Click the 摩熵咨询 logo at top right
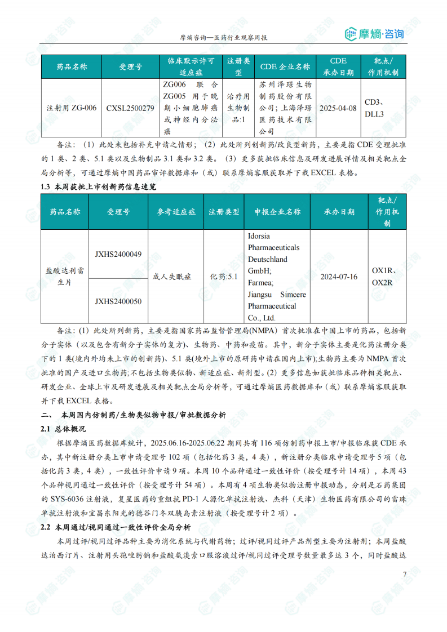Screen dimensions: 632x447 click(374, 34)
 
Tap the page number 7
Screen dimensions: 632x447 click(404, 574)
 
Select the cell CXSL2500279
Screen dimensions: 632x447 click(130, 108)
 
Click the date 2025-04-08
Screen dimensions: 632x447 click(338, 108)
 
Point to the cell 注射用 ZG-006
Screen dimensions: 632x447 click(71, 108)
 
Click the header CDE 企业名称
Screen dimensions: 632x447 click(285, 66)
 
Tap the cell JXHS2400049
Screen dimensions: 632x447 click(118, 254)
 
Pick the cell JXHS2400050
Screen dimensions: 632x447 click(118, 301)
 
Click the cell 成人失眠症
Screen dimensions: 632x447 click(172, 277)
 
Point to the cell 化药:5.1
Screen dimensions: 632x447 click(224, 277)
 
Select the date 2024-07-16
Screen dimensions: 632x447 click(339, 277)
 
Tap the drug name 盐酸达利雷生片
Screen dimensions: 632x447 click(65, 277)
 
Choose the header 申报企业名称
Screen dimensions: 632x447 click(277, 212)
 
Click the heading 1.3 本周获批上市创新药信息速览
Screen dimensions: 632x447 click(102, 186)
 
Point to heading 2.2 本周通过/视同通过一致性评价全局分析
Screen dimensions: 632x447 click(116, 528)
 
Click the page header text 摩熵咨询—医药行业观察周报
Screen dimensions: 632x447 click(223, 38)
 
